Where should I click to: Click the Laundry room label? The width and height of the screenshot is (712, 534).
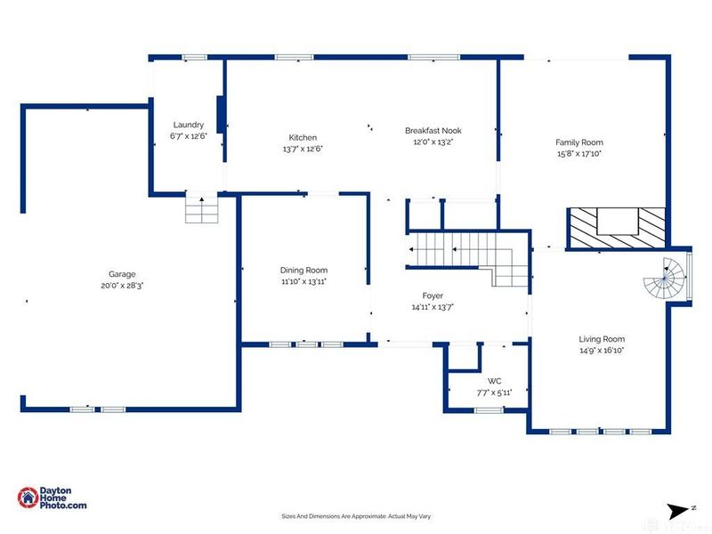(189, 125)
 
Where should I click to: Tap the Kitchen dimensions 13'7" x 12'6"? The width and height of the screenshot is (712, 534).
(303, 149)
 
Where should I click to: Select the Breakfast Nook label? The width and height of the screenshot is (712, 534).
(433, 131)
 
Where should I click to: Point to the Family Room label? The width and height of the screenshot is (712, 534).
(579, 142)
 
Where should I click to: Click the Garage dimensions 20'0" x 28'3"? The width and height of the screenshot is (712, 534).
(122, 286)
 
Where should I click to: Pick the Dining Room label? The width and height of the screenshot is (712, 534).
(303, 271)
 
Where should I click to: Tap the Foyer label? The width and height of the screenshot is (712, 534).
(433, 295)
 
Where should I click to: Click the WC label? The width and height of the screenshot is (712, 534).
(495, 381)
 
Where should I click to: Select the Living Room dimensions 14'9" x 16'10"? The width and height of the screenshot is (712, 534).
(603, 351)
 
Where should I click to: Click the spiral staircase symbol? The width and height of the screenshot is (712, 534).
(665, 279)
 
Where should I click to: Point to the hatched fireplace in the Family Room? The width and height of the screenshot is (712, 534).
(616, 228)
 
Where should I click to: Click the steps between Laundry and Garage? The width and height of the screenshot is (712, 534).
(202, 210)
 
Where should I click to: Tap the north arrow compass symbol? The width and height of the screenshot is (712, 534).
(679, 511)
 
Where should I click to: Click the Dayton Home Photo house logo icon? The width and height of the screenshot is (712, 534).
(28, 498)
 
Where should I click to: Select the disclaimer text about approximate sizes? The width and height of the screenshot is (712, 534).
(356, 516)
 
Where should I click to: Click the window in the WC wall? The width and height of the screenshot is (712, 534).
(489, 410)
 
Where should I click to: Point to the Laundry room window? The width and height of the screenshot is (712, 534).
(194, 58)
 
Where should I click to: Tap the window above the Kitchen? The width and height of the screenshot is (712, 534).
(295, 58)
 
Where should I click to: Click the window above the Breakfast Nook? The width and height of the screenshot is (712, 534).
(433, 58)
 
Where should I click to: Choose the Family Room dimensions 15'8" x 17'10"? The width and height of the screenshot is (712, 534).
(579, 153)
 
